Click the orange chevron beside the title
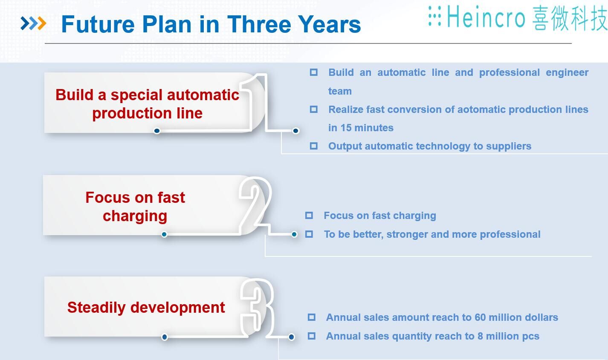[x=42, y=23]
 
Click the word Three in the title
[x=259, y=24]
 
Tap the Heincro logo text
[x=486, y=17]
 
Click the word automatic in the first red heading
[x=203, y=95]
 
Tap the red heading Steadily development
[x=146, y=308]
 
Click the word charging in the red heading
[x=135, y=216]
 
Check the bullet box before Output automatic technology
[x=313, y=146]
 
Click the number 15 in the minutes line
[x=346, y=128]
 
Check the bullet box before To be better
[x=309, y=234]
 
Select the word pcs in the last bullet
[x=531, y=337]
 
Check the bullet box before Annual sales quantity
[x=312, y=336]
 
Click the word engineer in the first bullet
[x=567, y=73]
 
